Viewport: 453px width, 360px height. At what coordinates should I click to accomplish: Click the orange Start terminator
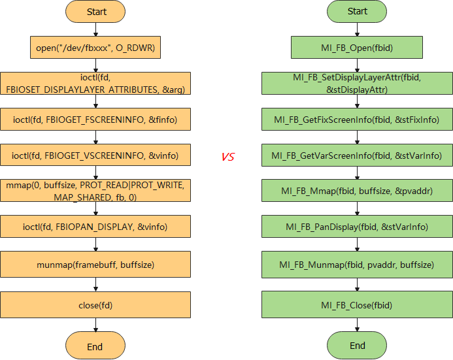95,12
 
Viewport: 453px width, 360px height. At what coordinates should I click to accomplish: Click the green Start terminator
357,12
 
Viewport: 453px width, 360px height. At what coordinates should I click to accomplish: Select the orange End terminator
95,346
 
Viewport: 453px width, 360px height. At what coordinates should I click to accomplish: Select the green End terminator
357,345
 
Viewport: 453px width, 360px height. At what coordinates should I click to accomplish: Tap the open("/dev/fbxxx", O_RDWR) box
95,47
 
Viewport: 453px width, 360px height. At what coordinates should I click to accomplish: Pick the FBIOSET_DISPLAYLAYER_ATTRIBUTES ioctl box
95,84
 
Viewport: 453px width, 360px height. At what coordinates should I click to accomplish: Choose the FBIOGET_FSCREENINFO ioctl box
95,120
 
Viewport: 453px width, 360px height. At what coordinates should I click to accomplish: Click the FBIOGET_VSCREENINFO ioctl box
95,155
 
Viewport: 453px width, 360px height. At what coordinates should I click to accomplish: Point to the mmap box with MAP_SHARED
95,191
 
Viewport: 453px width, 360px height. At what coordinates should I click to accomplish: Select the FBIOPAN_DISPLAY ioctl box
95,227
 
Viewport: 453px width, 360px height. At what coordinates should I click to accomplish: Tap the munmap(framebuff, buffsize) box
95,265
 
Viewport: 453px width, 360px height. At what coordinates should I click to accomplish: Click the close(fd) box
95,305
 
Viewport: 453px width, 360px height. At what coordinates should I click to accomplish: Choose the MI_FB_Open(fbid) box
357,47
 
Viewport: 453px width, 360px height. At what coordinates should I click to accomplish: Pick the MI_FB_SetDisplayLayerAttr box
357,84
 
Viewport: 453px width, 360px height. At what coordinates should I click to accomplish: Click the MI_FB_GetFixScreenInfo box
357,120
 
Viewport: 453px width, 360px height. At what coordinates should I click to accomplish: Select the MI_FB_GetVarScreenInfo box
357,155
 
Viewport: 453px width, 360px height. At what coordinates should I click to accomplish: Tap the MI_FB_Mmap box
357,191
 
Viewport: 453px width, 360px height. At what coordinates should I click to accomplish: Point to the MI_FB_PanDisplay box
357,227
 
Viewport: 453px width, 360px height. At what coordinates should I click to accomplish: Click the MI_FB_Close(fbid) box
357,305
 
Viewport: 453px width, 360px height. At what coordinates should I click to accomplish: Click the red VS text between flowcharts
227,157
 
